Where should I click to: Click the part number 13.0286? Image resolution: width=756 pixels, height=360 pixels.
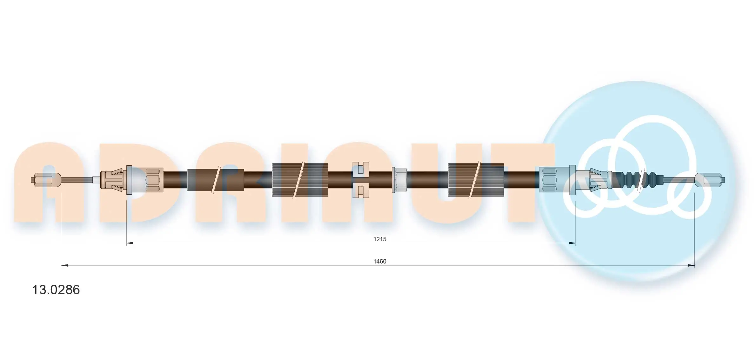point(56,290)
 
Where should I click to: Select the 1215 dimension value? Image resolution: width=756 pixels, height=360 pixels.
point(380,239)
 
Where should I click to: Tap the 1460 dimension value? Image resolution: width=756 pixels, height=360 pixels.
point(380,261)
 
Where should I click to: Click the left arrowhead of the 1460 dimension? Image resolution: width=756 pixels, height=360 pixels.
point(64,265)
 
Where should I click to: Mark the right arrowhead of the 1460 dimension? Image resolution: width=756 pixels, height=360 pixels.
point(691,265)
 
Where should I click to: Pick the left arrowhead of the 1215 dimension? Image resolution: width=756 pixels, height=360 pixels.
point(130,243)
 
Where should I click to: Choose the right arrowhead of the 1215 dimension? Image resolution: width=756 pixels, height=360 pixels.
point(572,243)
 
